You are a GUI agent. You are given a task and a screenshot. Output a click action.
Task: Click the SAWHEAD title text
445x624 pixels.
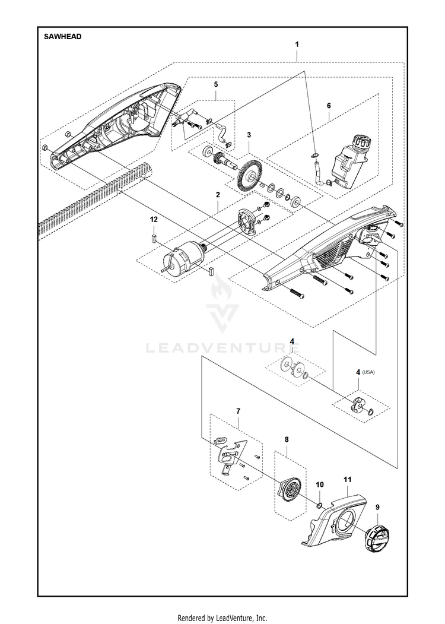tap(62, 36)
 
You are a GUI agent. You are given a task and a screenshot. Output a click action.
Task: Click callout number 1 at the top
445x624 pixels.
tap(297, 45)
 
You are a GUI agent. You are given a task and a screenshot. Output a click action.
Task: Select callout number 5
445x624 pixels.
tap(216, 85)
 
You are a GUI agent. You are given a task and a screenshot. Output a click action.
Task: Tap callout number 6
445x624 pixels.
tap(328, 105)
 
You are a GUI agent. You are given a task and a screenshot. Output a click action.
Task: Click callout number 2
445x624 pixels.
tap(218, 194)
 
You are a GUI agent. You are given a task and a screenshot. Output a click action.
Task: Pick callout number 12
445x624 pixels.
tap(154, 220)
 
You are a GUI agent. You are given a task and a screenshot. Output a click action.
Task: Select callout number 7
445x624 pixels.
tap(238, 410)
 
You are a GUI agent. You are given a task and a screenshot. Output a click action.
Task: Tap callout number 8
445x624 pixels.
tap(287, 439)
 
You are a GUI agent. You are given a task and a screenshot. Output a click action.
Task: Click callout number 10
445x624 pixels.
tap(319, 484)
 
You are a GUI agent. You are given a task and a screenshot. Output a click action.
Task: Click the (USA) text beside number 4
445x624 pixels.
tap(370, 372)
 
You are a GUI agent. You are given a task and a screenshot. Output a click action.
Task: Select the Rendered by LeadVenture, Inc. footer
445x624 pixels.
tap(223, 617)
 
